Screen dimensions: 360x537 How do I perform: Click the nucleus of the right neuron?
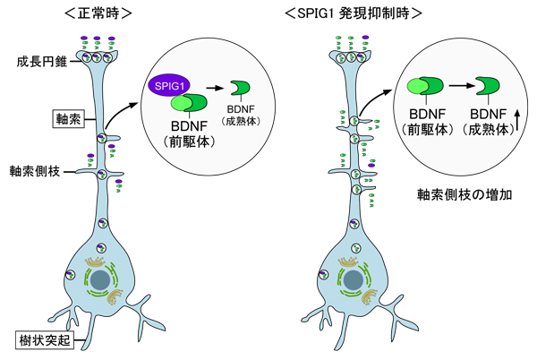pos(354,281)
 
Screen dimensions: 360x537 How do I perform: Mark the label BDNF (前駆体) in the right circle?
pos(424,123)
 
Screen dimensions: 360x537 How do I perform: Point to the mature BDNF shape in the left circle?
pos(241,86)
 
